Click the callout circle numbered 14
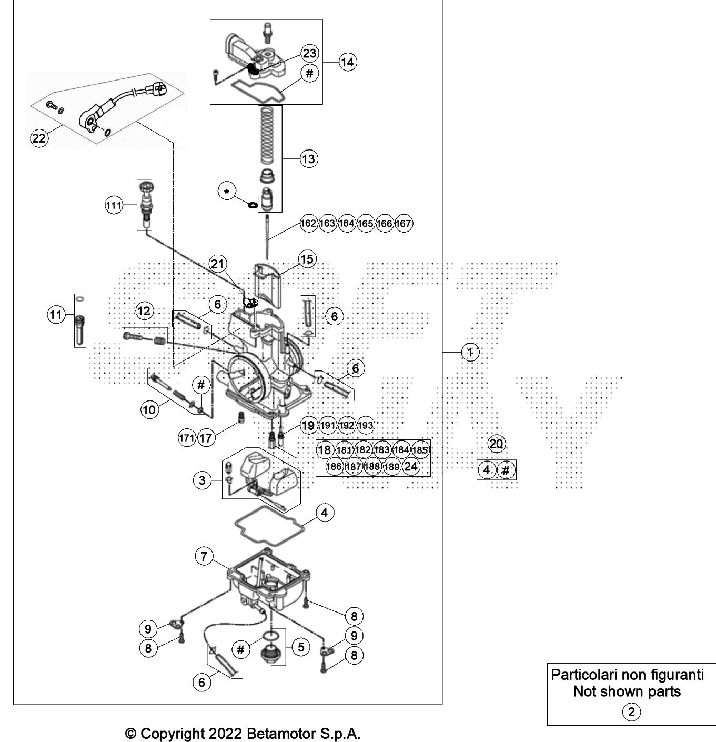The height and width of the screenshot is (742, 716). (x=347, y=62)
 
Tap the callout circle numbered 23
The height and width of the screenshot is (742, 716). (x=309, y=53)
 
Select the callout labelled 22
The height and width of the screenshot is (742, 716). (x=39, y=138)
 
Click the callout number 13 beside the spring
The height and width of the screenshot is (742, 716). (x=308, y=158)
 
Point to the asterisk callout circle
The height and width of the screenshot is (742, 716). (x=227, y=192)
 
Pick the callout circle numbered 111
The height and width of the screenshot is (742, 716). (x=114, y=206)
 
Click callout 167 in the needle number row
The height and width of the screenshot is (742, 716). (x=403, y=223)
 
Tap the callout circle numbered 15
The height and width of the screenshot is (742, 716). (x=307, y=259)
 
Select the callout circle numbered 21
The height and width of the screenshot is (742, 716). (x=217, y=264)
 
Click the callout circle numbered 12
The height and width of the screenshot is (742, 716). (x=144, y=311)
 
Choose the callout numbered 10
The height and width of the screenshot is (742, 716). (x=149, y=410)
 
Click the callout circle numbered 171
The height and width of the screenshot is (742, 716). (x=187, y=438)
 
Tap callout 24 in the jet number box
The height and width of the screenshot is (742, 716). (x=411, y=466)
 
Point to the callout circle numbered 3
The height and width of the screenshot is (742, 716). (x=203, y=480)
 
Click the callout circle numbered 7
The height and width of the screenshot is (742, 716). (x=204, y=557)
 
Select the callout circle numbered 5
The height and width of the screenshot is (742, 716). (x=301, y=647)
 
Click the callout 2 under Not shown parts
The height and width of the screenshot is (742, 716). (x=631, y=712)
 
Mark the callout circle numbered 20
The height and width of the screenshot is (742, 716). (x=496, y=444)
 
